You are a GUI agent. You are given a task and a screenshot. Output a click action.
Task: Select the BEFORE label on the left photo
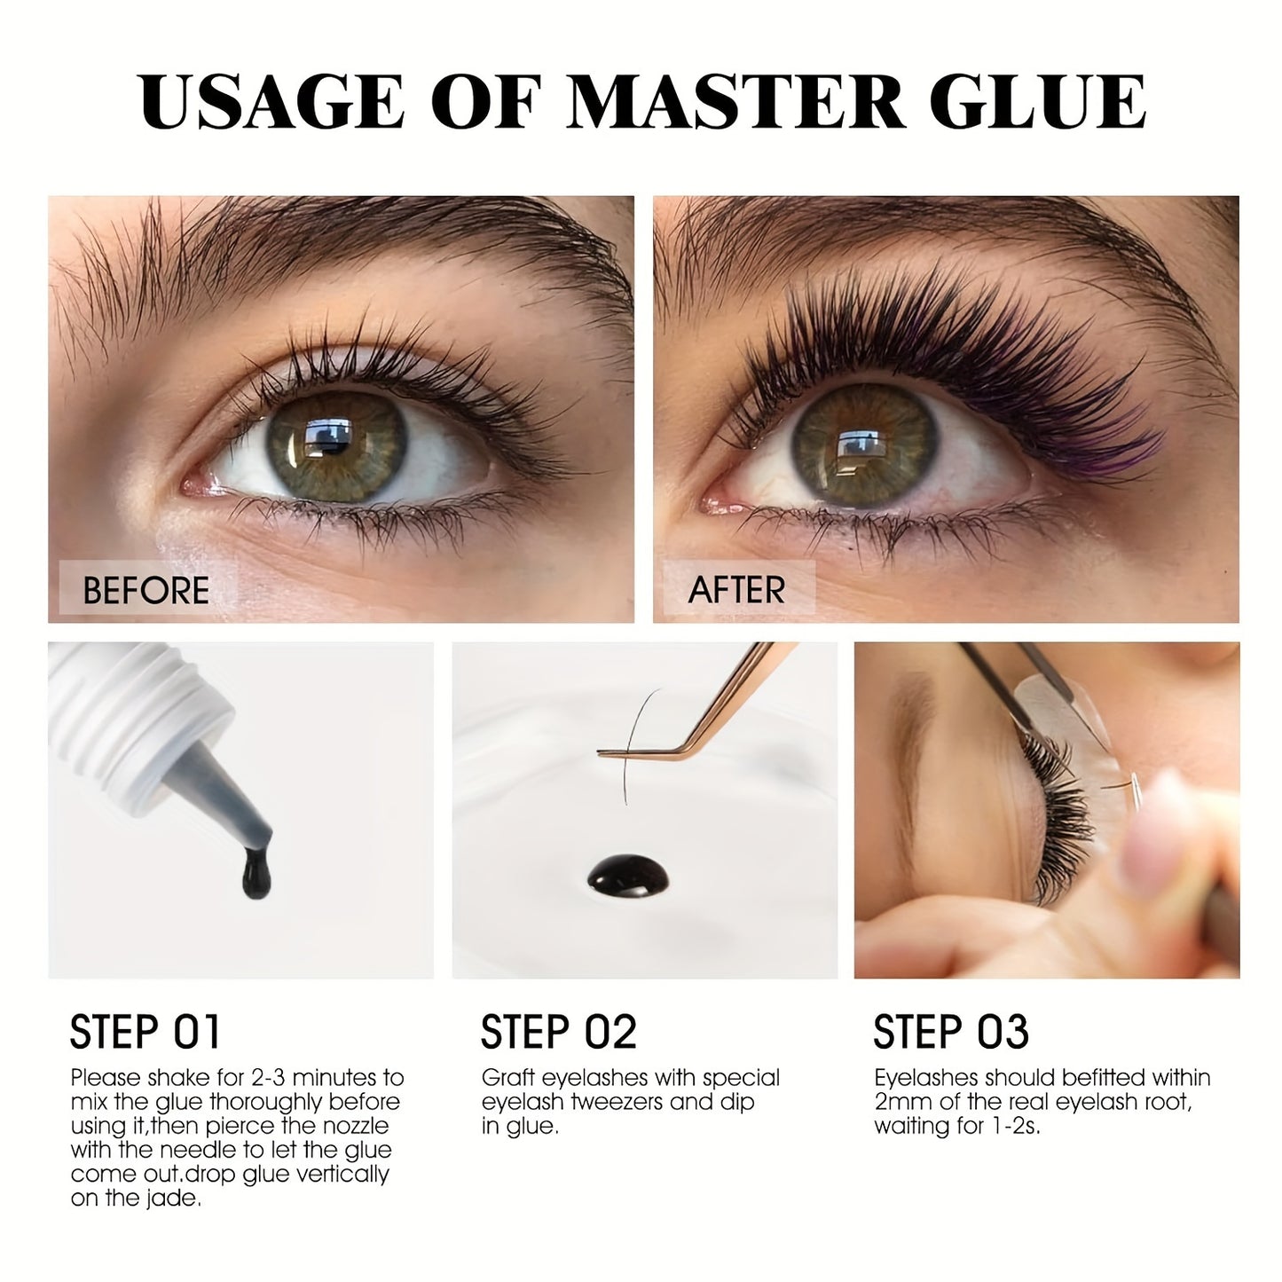point(146,590)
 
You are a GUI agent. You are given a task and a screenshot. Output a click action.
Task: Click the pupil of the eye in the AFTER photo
point(861,444)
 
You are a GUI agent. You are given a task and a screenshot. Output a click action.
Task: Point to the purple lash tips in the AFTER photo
point(1124,452)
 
